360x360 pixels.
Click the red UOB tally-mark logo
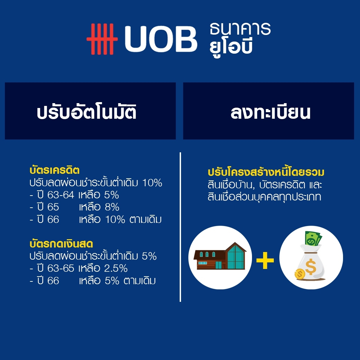coord(102,39)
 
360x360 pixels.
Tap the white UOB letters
coord(161,39)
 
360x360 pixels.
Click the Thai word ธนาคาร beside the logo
coord(240,28)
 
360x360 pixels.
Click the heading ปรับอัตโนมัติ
coord(87,111)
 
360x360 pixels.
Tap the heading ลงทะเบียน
coord(270,112)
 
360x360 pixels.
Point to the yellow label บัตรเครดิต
coord(55,170)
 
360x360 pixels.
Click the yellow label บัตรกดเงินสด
coord(61,243)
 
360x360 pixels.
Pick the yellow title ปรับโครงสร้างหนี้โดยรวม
coord(266,172)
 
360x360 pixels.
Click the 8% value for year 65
coord(112,207)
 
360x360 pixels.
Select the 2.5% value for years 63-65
coord(116,268)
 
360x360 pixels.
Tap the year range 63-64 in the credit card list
coord(61,195)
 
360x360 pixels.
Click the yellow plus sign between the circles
coord(265,260)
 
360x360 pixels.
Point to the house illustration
coord(220,256)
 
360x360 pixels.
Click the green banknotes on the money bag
coord(313,238)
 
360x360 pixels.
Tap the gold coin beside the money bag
coord(300,274)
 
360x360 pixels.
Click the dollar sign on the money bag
coord(310,267)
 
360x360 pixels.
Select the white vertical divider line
coord(180,227)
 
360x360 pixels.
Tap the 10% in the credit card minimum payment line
coord(152,183)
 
